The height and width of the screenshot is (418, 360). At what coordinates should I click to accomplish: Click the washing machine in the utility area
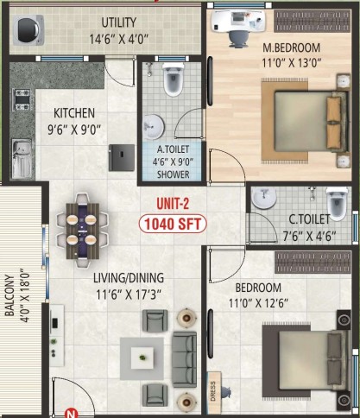(x=28, y=30)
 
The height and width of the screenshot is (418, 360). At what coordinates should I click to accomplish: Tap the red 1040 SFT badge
(x=173, y=224)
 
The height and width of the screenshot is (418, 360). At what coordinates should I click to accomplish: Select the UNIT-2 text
(x=173, y=204)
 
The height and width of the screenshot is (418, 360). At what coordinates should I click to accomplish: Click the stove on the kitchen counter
(x=22, y=99)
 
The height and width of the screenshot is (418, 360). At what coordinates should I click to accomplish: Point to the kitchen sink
(x=22, y=159)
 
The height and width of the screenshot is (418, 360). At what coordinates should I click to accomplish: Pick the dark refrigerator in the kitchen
(x=122, y=157)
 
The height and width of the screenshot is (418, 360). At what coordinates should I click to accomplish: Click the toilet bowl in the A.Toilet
(x=173, y=79)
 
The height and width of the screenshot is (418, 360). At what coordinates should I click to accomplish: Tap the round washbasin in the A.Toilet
(x=154, y=127)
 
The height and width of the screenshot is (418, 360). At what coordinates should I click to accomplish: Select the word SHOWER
(x=174, y=174)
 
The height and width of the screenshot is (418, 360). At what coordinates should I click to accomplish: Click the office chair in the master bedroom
(x=238, y=39)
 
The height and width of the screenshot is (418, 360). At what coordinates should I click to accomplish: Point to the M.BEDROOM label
(x=291, y=47)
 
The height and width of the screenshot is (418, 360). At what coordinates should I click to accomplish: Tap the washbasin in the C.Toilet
(x=263, y=198)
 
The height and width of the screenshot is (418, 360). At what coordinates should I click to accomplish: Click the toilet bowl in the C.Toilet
(x=337, y=202)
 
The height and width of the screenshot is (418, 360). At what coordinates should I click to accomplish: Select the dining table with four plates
(x=83, y=231)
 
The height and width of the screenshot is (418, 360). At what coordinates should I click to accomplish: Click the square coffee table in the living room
(x=142, y=358)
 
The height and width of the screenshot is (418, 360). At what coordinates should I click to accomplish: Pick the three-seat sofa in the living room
(x=185, y=359)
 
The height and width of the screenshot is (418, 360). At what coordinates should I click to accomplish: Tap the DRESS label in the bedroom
(x=213, y=391)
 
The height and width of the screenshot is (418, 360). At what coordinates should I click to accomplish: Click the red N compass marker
(x=71, y=414)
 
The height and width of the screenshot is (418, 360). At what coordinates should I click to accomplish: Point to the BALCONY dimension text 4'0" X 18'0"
(x=25, y=295)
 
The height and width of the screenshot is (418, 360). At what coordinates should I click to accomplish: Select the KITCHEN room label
(x=74, y=113)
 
